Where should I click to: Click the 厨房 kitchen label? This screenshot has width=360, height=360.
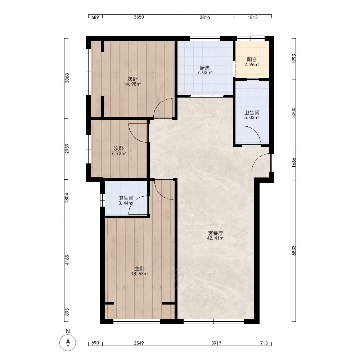(x=204, y=68)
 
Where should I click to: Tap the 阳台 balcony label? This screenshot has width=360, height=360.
(x=252, y=60)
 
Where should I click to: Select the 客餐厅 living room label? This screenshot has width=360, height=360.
(x=215, y=233)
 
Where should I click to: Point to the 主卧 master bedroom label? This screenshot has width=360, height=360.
(x=139, y=269)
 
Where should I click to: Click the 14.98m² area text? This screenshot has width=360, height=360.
(x=132, y=84)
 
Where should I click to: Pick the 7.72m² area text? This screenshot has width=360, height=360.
(x=119, y=154)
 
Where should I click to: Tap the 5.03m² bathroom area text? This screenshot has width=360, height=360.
(x=252, y=118)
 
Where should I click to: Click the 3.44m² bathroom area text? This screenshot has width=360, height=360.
(x=126, y=203)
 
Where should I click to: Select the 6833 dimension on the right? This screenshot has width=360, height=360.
(x=294, y=250)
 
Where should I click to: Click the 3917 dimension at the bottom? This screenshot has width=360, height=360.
(x=216, y=343)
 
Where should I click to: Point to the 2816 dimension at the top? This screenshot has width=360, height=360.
(x=205, y=17)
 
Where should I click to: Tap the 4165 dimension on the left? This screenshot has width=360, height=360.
(x=67, y=260)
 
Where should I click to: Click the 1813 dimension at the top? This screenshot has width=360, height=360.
(x=253, y=17)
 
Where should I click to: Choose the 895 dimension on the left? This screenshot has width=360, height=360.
(x=67, y=312)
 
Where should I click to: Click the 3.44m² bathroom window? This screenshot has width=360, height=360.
(x=103, y=200)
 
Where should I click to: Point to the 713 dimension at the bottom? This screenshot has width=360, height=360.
(x=264, y=343)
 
